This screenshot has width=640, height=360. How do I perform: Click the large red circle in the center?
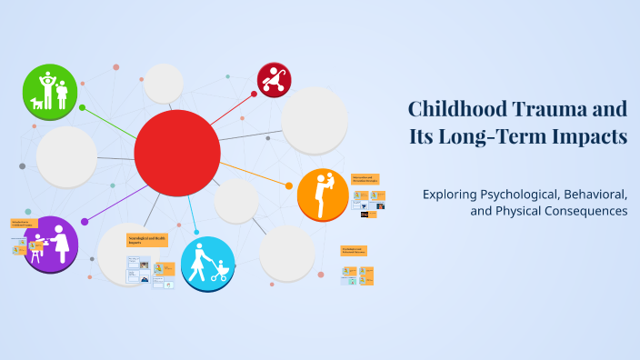177,153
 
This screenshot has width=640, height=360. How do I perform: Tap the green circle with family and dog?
50,92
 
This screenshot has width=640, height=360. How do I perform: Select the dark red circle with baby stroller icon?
274,80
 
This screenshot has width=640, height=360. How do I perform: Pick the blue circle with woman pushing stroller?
207,263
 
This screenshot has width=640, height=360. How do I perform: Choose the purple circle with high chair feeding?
51,244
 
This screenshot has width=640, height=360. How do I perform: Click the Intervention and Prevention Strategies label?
365,180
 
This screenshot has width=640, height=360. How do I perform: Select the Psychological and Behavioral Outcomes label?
354,250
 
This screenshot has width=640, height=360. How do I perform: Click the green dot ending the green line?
83,107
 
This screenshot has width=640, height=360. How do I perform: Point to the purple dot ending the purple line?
85,221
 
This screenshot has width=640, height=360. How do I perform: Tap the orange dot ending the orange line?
289,185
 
